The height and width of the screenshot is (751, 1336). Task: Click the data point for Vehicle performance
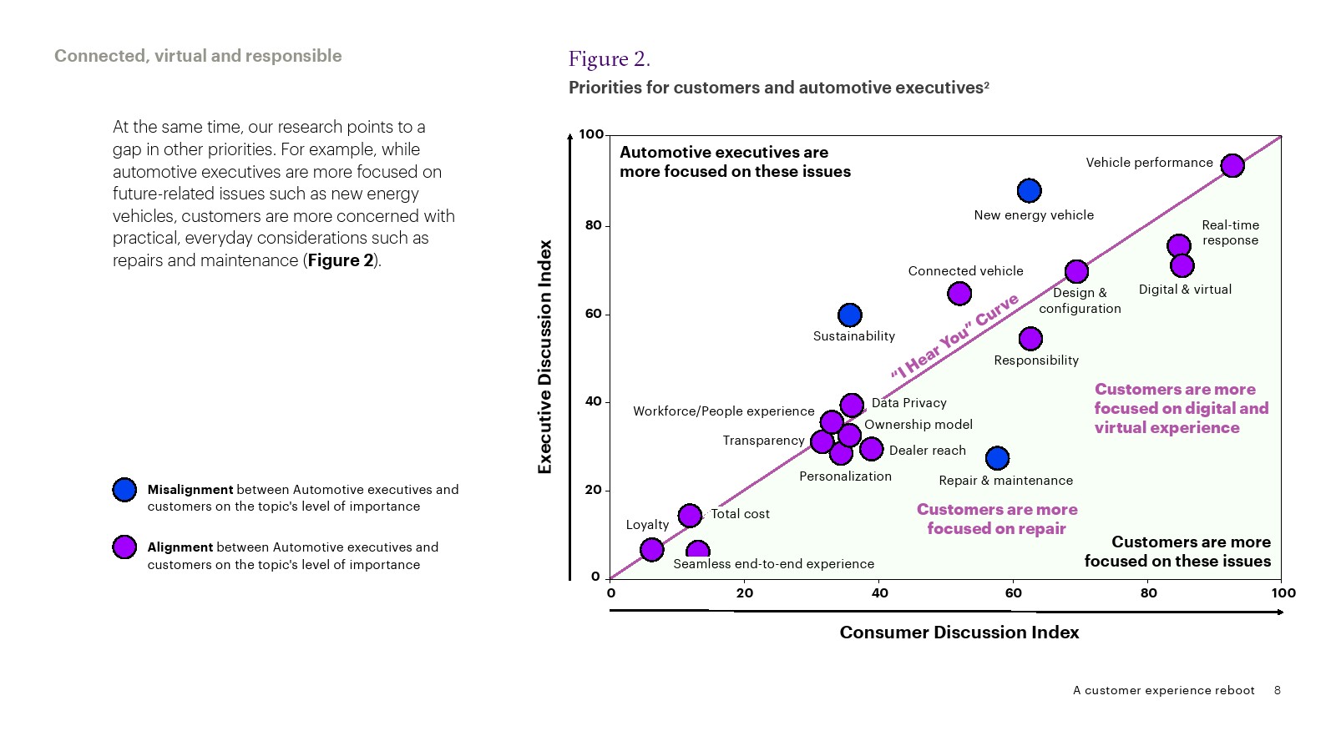click(x=1232, y=165)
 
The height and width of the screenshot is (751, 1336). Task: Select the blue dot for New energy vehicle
click(x=1029, y=191)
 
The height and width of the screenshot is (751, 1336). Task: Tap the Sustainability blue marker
click(x=849, y=315)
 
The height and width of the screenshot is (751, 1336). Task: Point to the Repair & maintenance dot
click(x=997, y=458)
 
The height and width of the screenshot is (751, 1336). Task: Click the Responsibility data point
click(x=1030, y=339)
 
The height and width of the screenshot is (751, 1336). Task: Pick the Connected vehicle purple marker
click(x=959, y=293)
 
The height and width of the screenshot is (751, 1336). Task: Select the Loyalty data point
click(x=651, y=549)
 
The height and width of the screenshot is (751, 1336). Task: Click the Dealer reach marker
click(x=871, y=449)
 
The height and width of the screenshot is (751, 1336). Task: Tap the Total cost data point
click(x=690, y=516)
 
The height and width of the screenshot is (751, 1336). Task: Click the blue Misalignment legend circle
click(x=124, y=490)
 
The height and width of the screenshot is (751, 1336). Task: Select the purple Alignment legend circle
click(x=124, y=547)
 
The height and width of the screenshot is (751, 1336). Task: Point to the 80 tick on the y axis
click(x=594, y=225)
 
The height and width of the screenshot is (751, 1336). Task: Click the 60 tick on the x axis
click(x=1013, y=593)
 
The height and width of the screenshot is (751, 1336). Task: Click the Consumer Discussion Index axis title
click(x=959, y=633)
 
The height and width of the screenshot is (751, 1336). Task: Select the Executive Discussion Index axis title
click(x=545, y=357)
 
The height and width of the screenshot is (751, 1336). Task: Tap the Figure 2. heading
click(x=609, y=59)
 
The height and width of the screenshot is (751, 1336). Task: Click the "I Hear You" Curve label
click(x=954, y=336)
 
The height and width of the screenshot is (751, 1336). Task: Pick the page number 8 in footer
click(x=1277, y=690)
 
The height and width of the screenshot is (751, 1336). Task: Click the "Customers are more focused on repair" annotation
click(x=996, y=519)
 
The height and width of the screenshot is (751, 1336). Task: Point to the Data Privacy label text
click(x=908, y=403)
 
